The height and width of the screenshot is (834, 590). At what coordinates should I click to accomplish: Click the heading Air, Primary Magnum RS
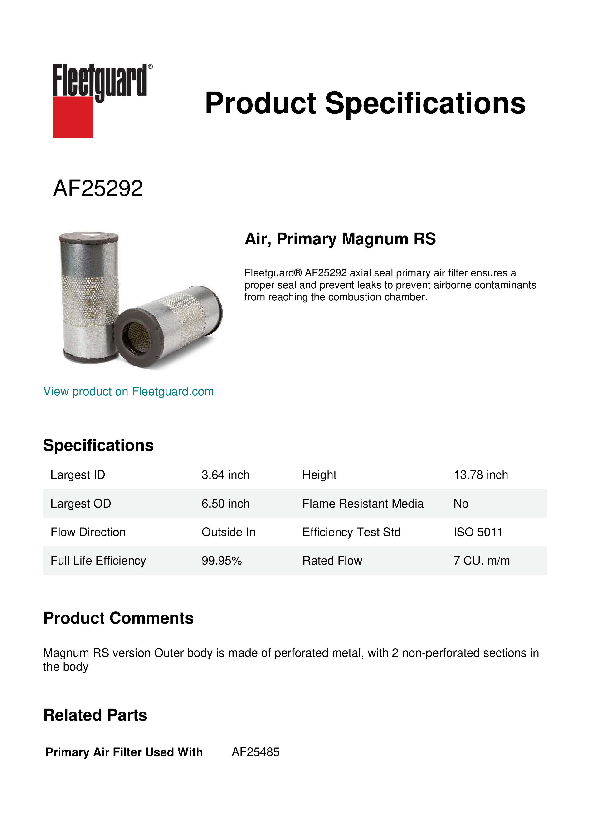point(340,239)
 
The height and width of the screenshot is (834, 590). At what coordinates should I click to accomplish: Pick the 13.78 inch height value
point(480,475)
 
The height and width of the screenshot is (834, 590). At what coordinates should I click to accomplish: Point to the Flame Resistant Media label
point(363,504)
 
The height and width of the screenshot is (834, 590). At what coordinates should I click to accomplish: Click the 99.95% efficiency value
point(222,561)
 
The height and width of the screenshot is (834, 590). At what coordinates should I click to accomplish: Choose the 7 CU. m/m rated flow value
point(481,561)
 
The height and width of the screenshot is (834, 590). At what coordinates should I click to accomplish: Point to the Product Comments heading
point(118,618)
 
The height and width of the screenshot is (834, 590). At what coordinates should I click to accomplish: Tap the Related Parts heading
point(95,715)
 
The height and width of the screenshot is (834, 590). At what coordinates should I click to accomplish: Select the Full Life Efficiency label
point(98,561)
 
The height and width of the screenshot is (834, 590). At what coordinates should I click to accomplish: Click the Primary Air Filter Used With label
point(124,752)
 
